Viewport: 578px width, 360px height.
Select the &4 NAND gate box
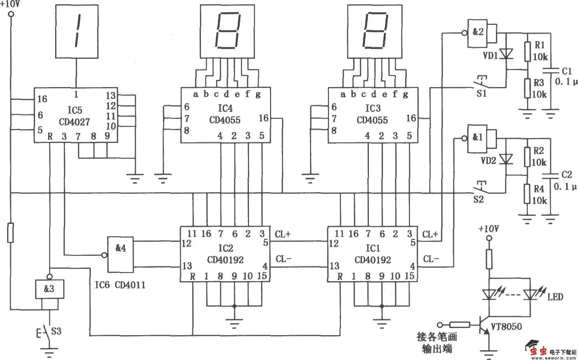(x=120, y=254)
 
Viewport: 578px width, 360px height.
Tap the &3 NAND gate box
(x=49, y=289)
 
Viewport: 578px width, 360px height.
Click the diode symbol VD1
(x=506, y=54)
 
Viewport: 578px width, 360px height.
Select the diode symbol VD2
(x=506, y=159)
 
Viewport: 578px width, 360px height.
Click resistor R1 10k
(x=527, y=52)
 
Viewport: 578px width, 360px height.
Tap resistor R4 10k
(x=527, y=194)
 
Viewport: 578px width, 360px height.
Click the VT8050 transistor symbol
(x=484, y=326)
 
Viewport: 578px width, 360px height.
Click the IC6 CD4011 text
(x=120, y=285)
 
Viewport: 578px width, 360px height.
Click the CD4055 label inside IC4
(x=225, y=120)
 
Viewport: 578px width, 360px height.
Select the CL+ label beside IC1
(x=430, y=235)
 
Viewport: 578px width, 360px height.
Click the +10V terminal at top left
(x=11, y=14)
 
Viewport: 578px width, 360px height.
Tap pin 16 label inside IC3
(x=411, y=118)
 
